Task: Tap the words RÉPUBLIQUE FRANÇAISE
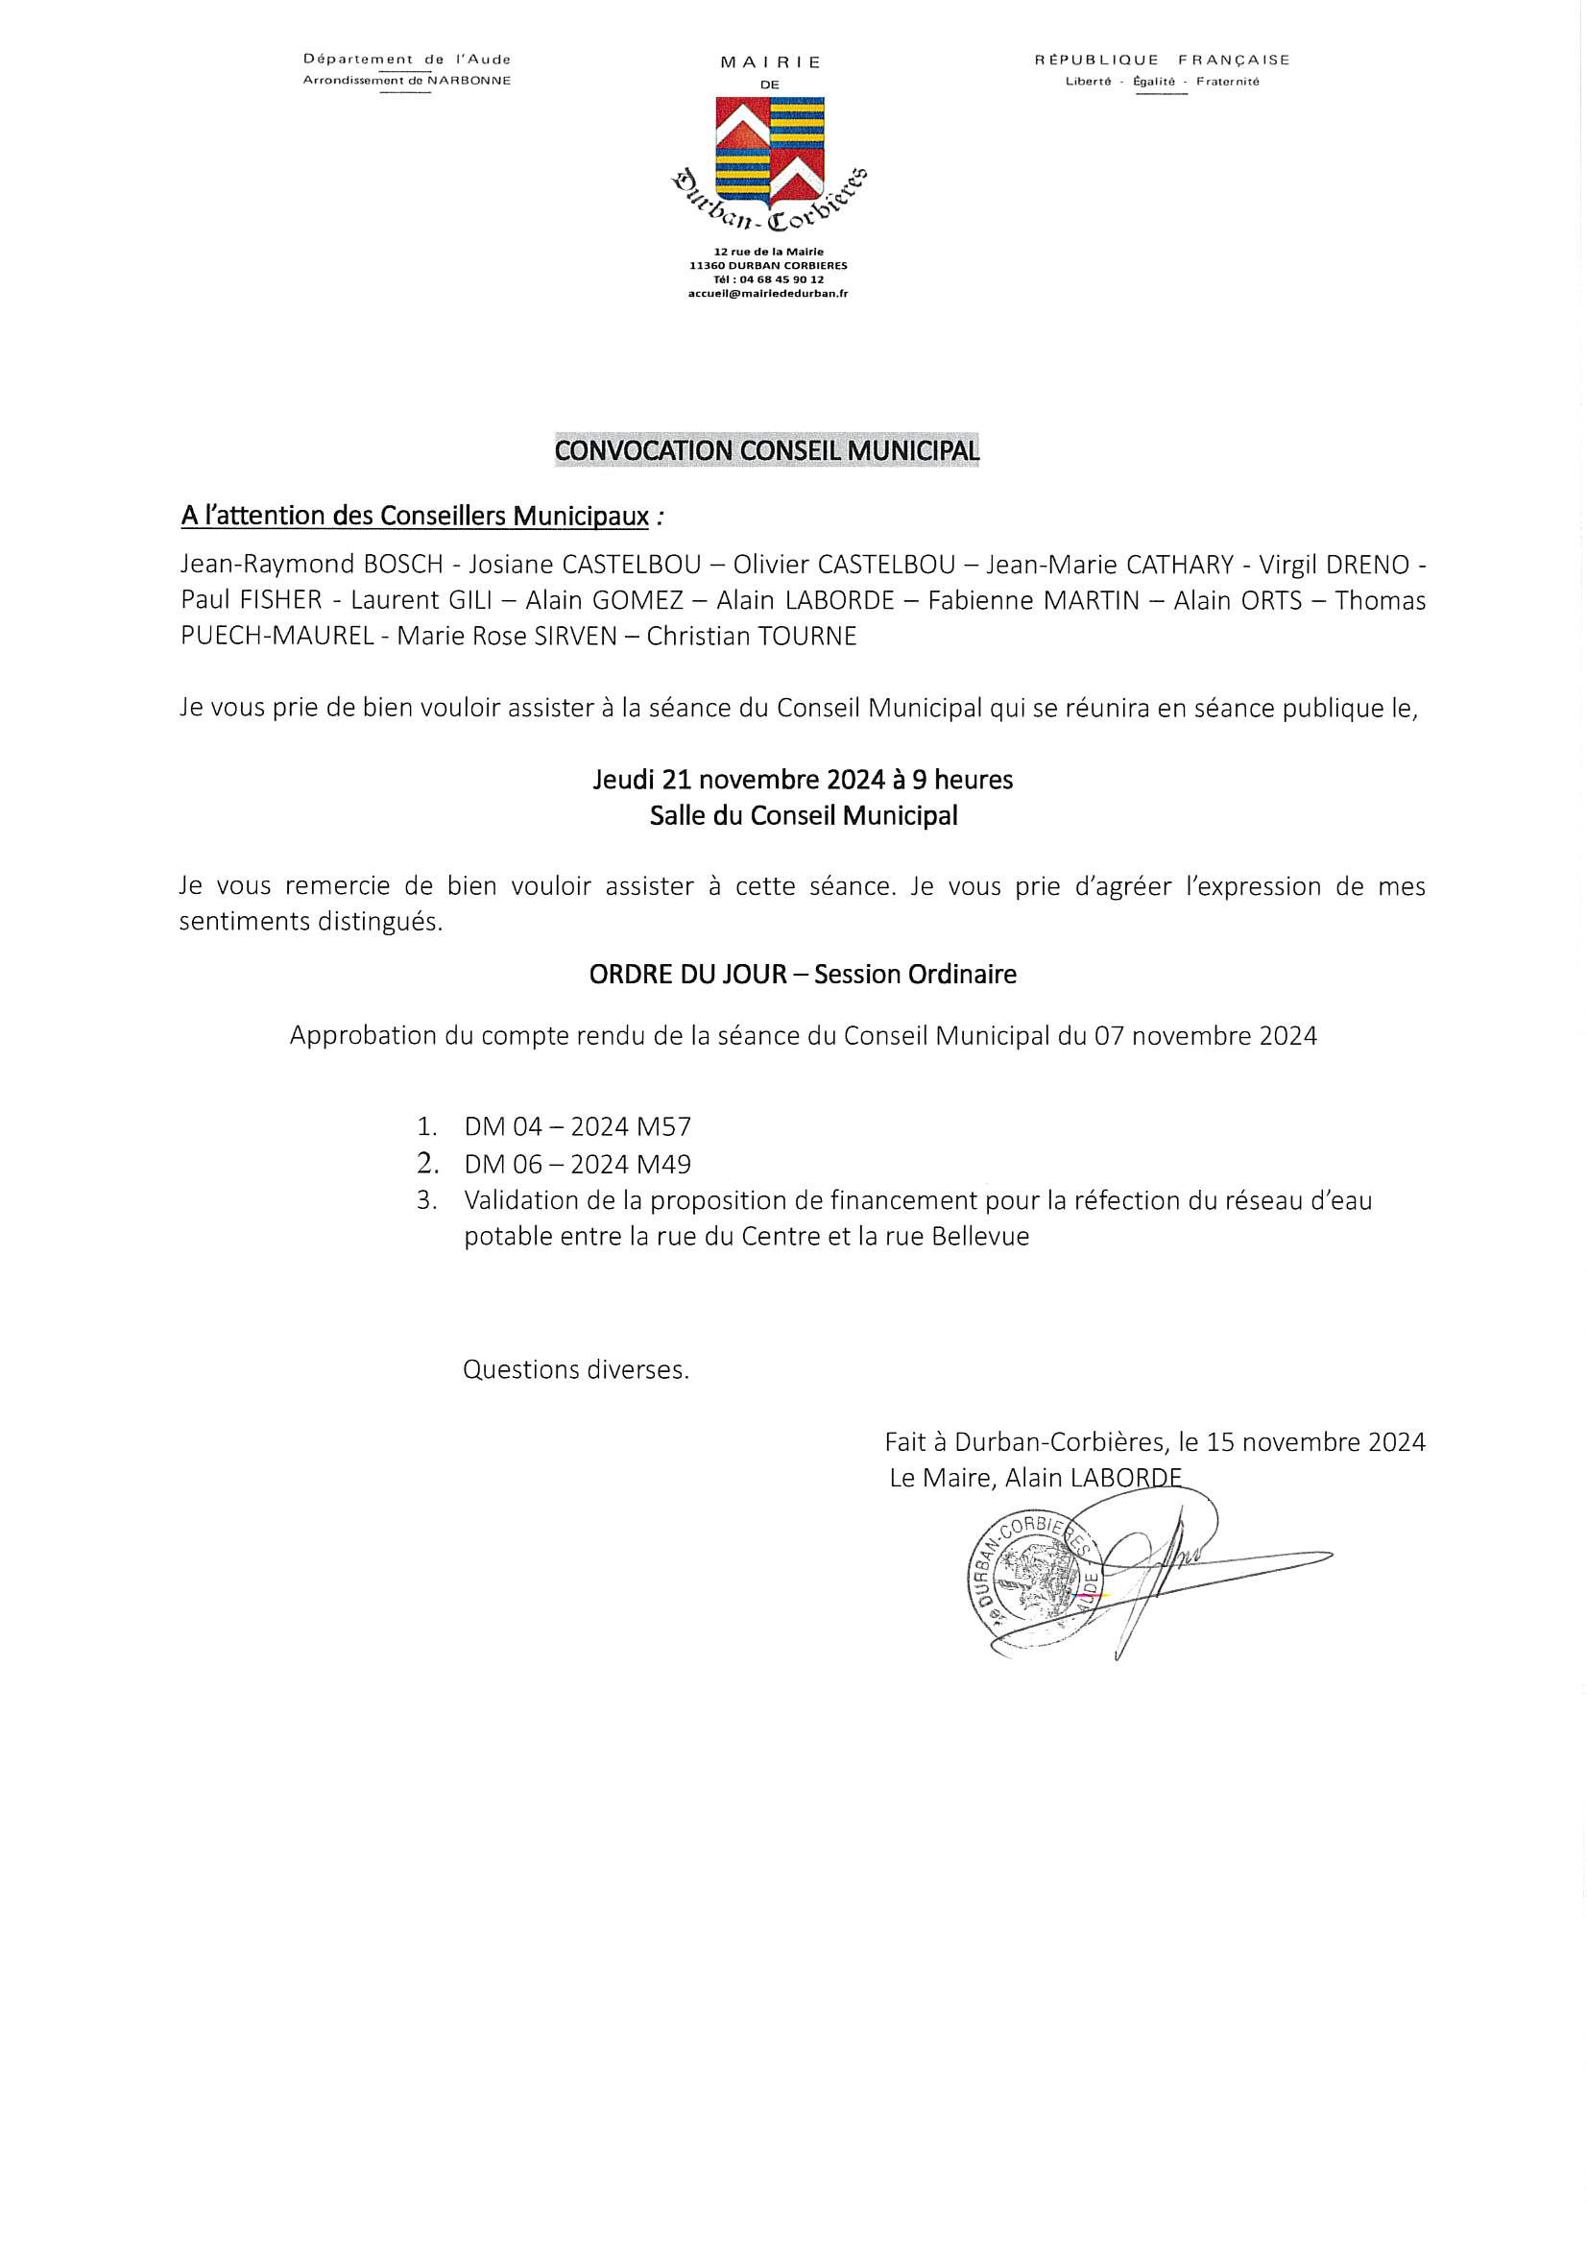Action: (x=1162, y=60)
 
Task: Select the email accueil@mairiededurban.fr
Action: (x=769, y=293)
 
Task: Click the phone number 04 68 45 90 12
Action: (x=782, y=279)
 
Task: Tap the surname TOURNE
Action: (x=806, y=637)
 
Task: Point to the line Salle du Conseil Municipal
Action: (x=803, y=815)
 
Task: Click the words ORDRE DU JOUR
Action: (x=687, y=974)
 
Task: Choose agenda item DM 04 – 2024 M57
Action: (x=577, y=1126)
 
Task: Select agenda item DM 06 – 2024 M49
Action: (x=577, y=1164)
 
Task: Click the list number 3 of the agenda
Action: (x=425, y=1200)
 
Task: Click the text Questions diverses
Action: (x=575, y=1369)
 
